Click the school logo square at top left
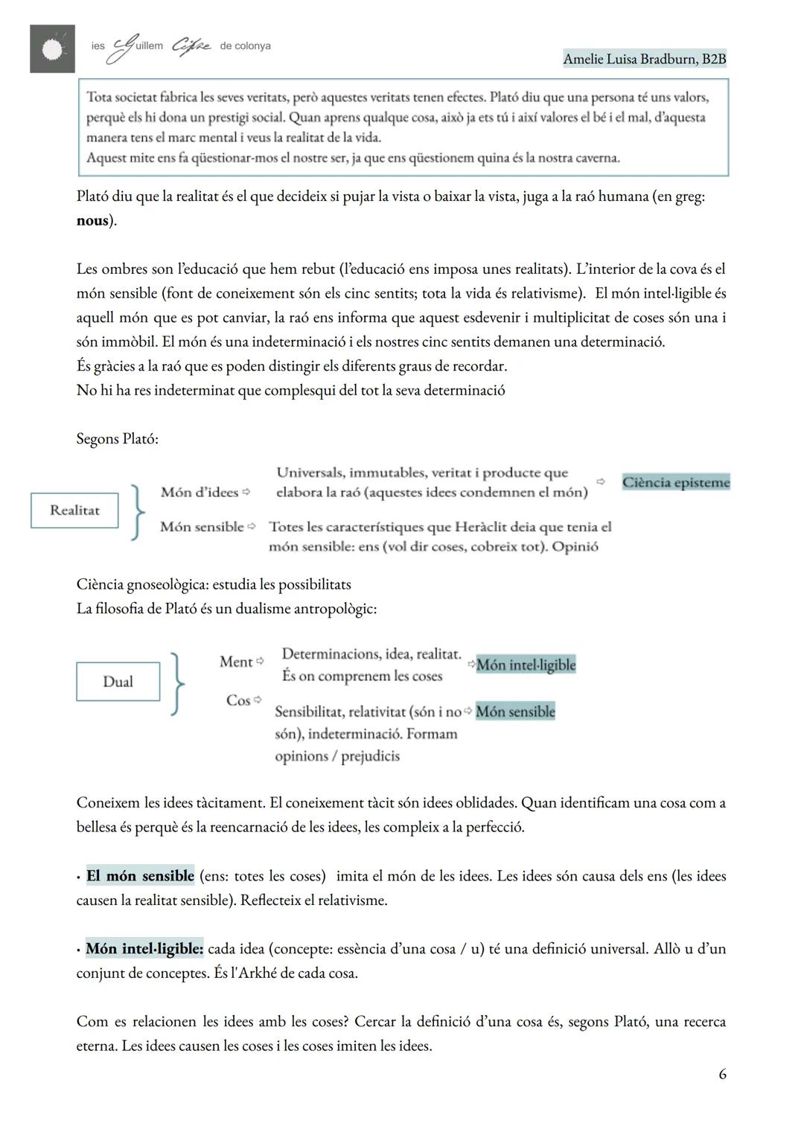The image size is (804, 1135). pos(52,48)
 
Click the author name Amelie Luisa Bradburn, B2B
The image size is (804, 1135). pos(644,59)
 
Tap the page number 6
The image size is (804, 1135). pos(722,1074)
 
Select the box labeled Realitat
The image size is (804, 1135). pos(74,511)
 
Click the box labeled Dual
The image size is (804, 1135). pos(118,682)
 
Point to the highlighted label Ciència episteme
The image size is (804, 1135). pos(675,482)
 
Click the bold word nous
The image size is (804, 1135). pos(92,221)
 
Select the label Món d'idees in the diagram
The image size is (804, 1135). pos(199,492)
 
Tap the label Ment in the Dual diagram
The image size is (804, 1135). pos(236,662)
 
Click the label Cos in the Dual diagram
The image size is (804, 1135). pos(238,700)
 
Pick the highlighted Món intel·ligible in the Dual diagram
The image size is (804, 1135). pos(526,665)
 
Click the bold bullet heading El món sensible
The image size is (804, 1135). pos(140,876)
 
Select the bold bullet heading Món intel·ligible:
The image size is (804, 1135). pos(144,949)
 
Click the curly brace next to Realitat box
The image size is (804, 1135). pos(137,511)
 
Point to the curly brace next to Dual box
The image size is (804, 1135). pos(177,684)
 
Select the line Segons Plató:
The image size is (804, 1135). pos(117,439)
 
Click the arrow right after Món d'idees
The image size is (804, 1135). pos(247,493)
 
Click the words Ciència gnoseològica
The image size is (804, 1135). pos(141,585)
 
